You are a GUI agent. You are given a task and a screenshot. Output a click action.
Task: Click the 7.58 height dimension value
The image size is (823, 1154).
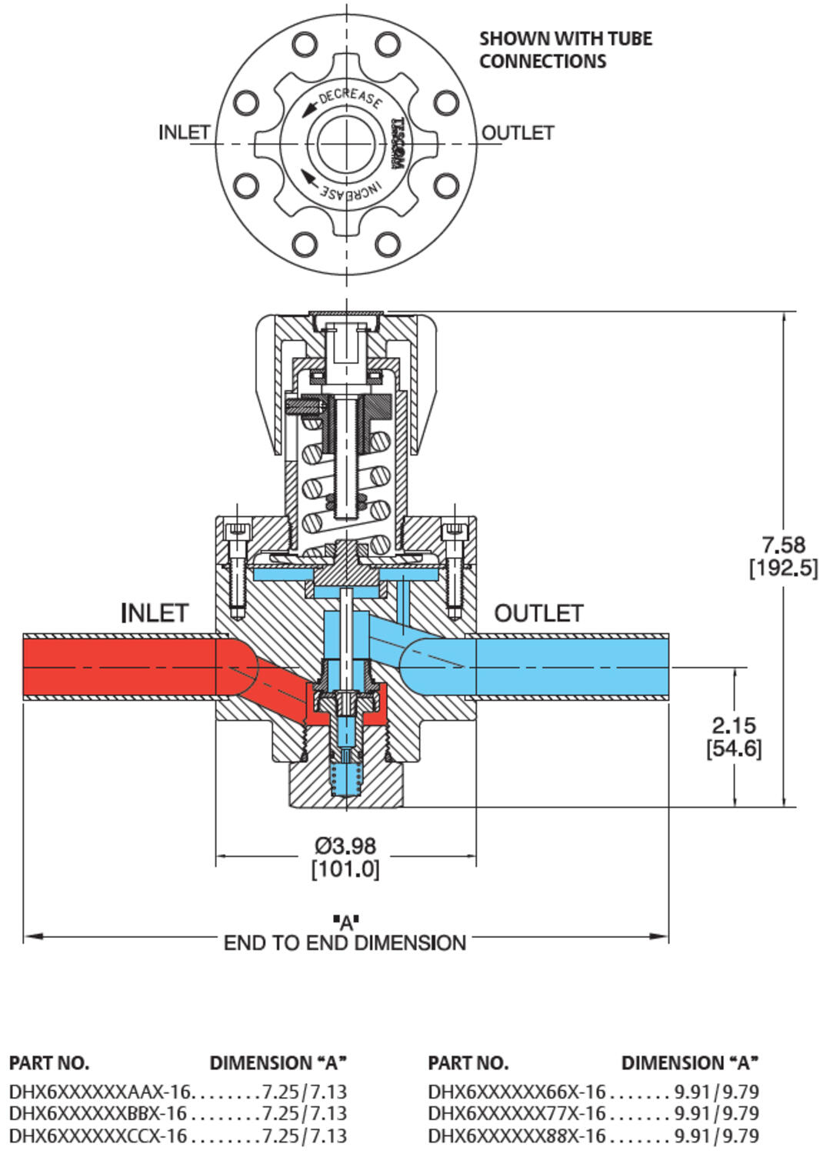pos(783,545)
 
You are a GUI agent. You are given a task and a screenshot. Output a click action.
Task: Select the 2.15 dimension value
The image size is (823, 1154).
pos(734,725)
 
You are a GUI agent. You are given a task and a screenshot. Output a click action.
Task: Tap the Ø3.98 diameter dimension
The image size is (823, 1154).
pos(345,845)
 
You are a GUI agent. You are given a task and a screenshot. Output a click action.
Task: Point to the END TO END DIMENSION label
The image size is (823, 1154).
pos(345,943)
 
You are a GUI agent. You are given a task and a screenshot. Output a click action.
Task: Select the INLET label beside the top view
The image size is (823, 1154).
pos(184,132)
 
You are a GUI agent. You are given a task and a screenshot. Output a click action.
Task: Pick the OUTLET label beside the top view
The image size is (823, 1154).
pos(518,133)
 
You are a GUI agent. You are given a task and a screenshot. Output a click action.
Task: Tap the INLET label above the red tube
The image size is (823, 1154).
pos(155,613)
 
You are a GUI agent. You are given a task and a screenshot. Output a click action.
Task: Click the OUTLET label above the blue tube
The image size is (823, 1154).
pos(538,613)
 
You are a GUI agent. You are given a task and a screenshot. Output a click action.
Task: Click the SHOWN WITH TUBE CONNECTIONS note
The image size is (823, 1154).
pos(565,50)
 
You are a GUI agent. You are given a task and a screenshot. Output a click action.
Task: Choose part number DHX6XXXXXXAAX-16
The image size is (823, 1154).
pos(99,1092)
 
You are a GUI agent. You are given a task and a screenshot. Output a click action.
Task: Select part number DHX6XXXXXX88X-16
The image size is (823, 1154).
pos(517,1136)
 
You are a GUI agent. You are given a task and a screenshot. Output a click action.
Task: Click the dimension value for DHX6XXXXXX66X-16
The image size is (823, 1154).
pos(716,1092)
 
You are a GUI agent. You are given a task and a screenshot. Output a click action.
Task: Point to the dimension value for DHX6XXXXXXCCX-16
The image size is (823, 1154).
pos(304,1136)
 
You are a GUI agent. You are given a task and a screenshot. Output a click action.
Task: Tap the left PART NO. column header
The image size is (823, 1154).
pos(49,1063)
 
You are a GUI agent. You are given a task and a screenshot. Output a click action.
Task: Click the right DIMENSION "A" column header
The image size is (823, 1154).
pos(689,1063)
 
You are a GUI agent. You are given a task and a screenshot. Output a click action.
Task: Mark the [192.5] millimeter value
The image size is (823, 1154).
pos(783,569)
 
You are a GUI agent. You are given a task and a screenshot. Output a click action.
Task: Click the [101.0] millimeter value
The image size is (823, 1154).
pos(345,869)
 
